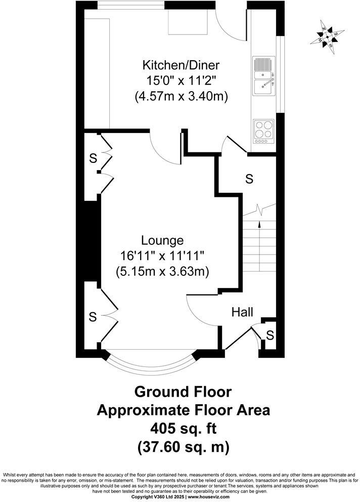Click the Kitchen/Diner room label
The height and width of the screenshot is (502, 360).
click(181, 65)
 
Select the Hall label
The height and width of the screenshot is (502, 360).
click(242, 312)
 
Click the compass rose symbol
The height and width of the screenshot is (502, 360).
click(330, 36)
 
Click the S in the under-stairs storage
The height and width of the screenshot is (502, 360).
click(249, 178)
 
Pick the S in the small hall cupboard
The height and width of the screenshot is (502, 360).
click(270, 335)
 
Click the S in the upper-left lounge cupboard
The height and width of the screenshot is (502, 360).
click(93, 158)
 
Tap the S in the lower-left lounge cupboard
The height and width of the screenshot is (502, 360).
click(93, 317)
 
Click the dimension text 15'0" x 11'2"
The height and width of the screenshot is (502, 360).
click(181, 80)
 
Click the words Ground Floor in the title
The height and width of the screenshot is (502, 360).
click(183, 392)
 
